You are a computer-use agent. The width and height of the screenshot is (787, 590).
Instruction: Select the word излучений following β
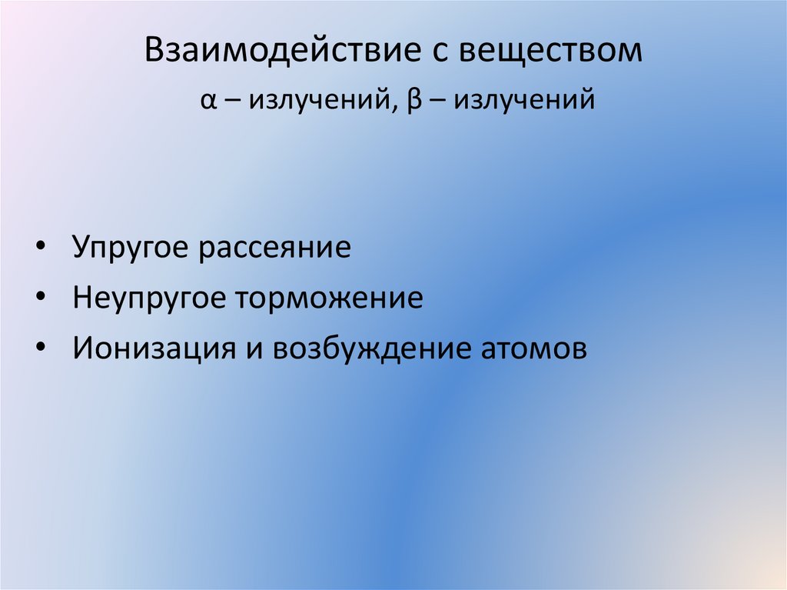click(523, 101)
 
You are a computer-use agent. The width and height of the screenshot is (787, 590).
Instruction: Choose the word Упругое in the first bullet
click(131, 248)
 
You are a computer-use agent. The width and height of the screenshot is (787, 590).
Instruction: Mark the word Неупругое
click(147, 298)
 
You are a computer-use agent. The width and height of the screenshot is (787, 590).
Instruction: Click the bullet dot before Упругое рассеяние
click(40, 249)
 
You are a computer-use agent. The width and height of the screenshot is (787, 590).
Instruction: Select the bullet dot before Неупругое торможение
click(40, 298)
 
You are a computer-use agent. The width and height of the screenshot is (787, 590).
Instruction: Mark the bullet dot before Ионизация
click(40, 348)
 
